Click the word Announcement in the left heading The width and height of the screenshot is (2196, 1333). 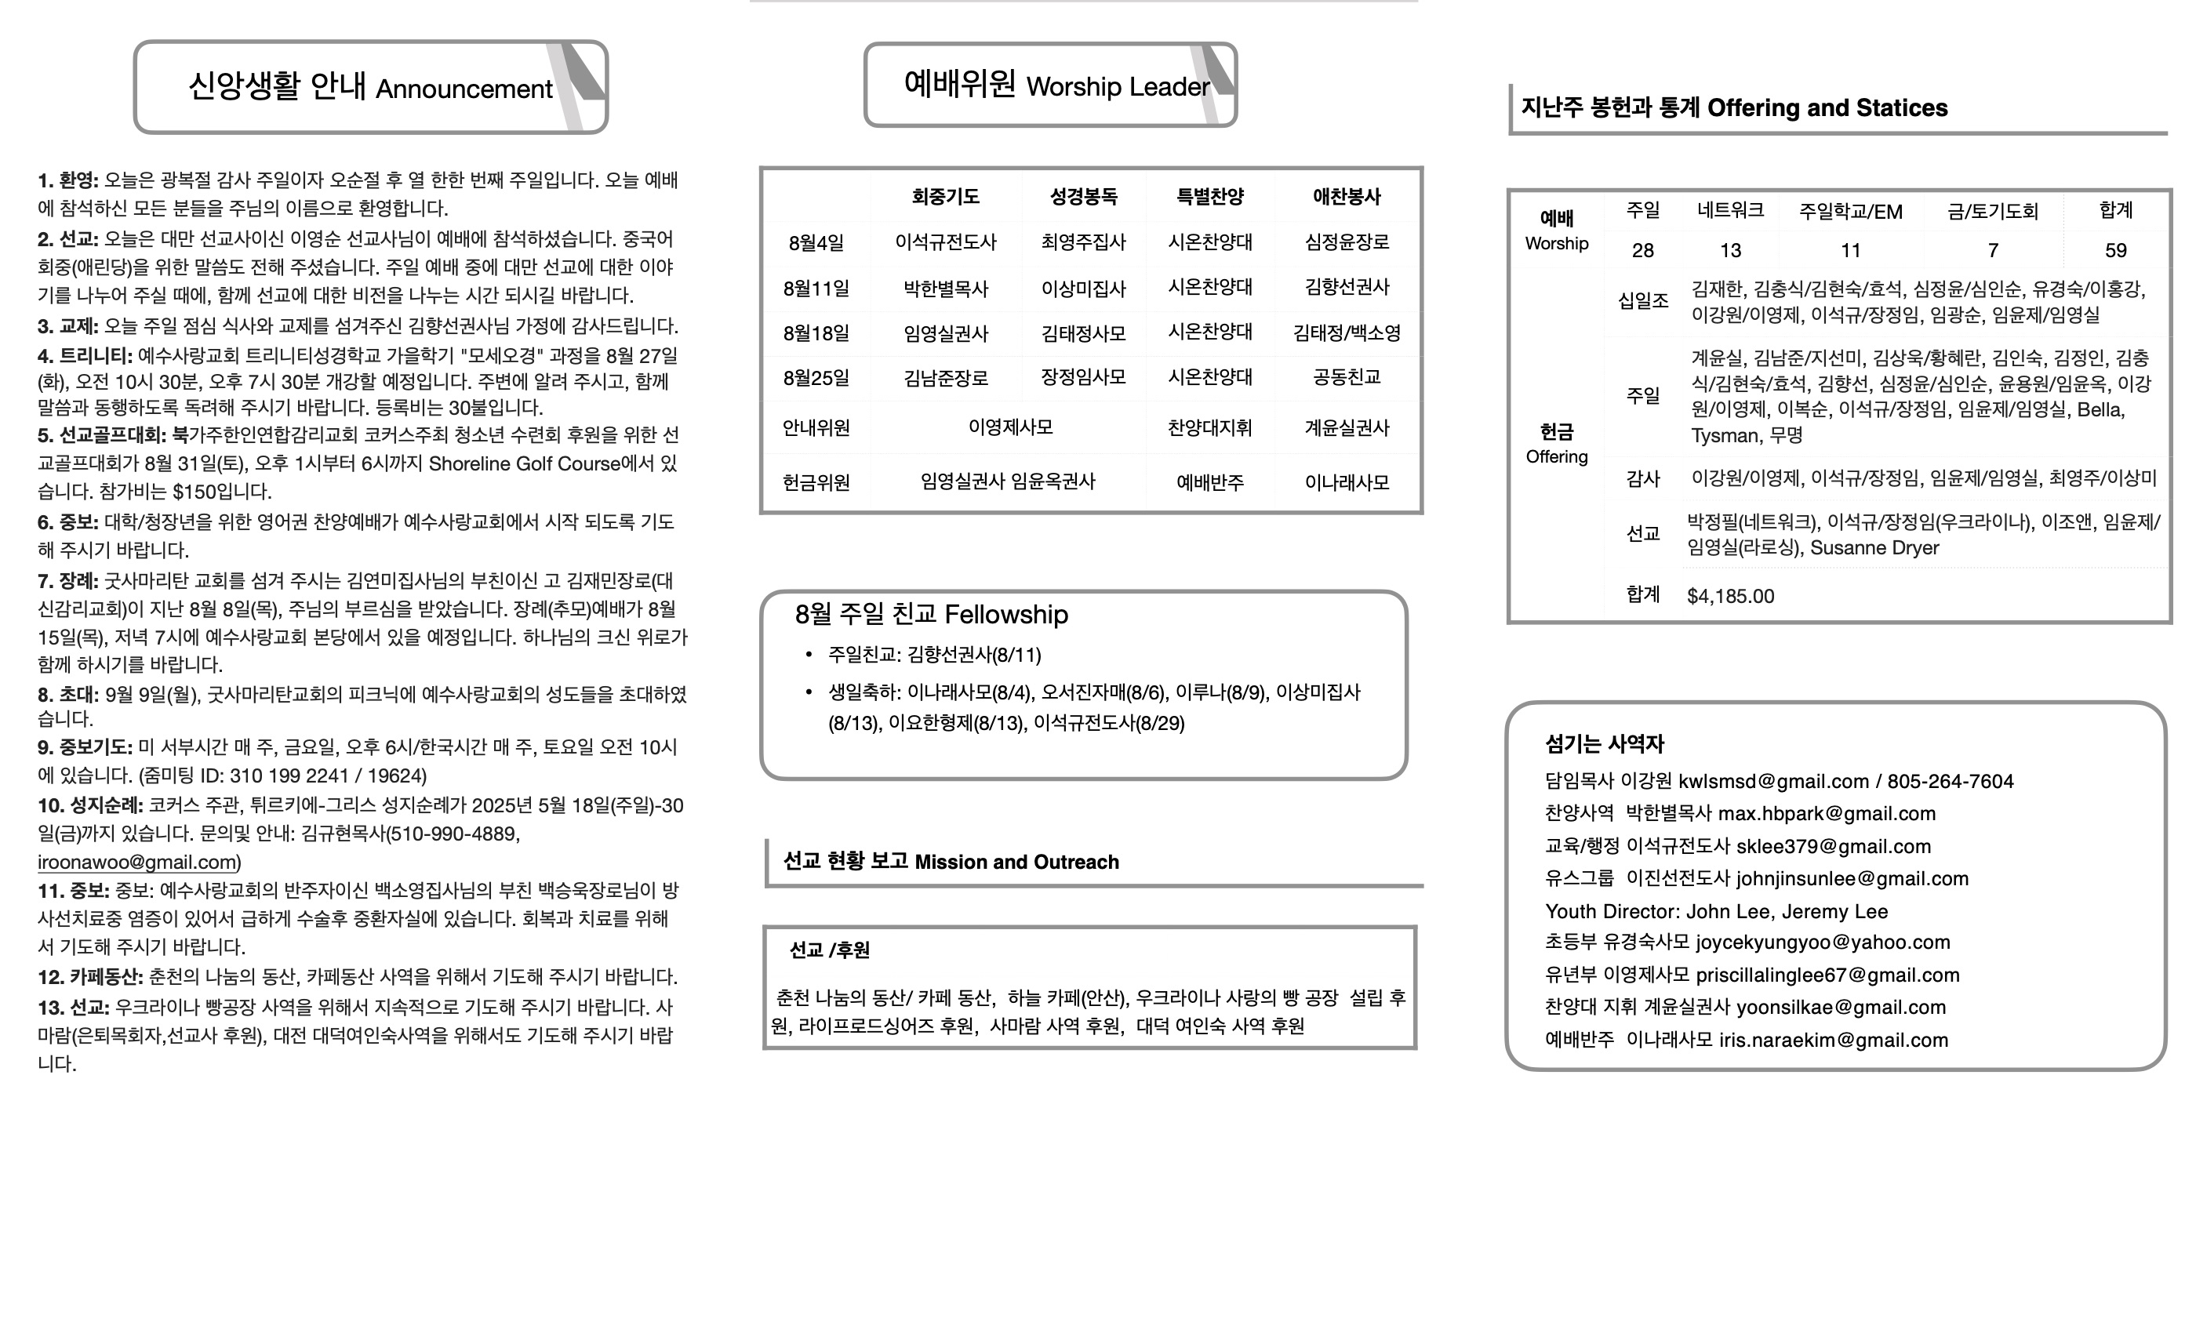click(464, 89)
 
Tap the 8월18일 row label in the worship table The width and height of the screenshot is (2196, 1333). click(816, 333)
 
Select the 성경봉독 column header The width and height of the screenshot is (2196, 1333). click(1083, 196)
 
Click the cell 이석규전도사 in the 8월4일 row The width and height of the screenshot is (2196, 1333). click(946, 242)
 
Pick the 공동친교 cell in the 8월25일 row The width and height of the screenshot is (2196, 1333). click(1346, 377)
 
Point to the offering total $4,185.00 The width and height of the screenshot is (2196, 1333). click(1730, 596)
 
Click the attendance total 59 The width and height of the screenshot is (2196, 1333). click(2115, 250)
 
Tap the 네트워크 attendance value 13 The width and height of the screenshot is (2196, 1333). click(1730, 250)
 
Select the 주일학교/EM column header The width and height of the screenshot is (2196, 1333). click(1850, 211)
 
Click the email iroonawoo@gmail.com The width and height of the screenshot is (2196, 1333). click(137, 862)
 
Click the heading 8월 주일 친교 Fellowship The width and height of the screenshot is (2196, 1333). click(932, 614)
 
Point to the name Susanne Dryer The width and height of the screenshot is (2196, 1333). click(1874, 547)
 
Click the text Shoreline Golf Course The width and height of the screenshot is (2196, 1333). click(524, 463)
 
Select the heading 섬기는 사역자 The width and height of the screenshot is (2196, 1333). click(1604, 744)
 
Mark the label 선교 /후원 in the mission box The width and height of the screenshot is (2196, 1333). click(829, 950)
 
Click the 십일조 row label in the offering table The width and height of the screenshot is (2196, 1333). click(1642, 301)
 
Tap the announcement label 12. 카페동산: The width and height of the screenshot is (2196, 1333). click(90, 976)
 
